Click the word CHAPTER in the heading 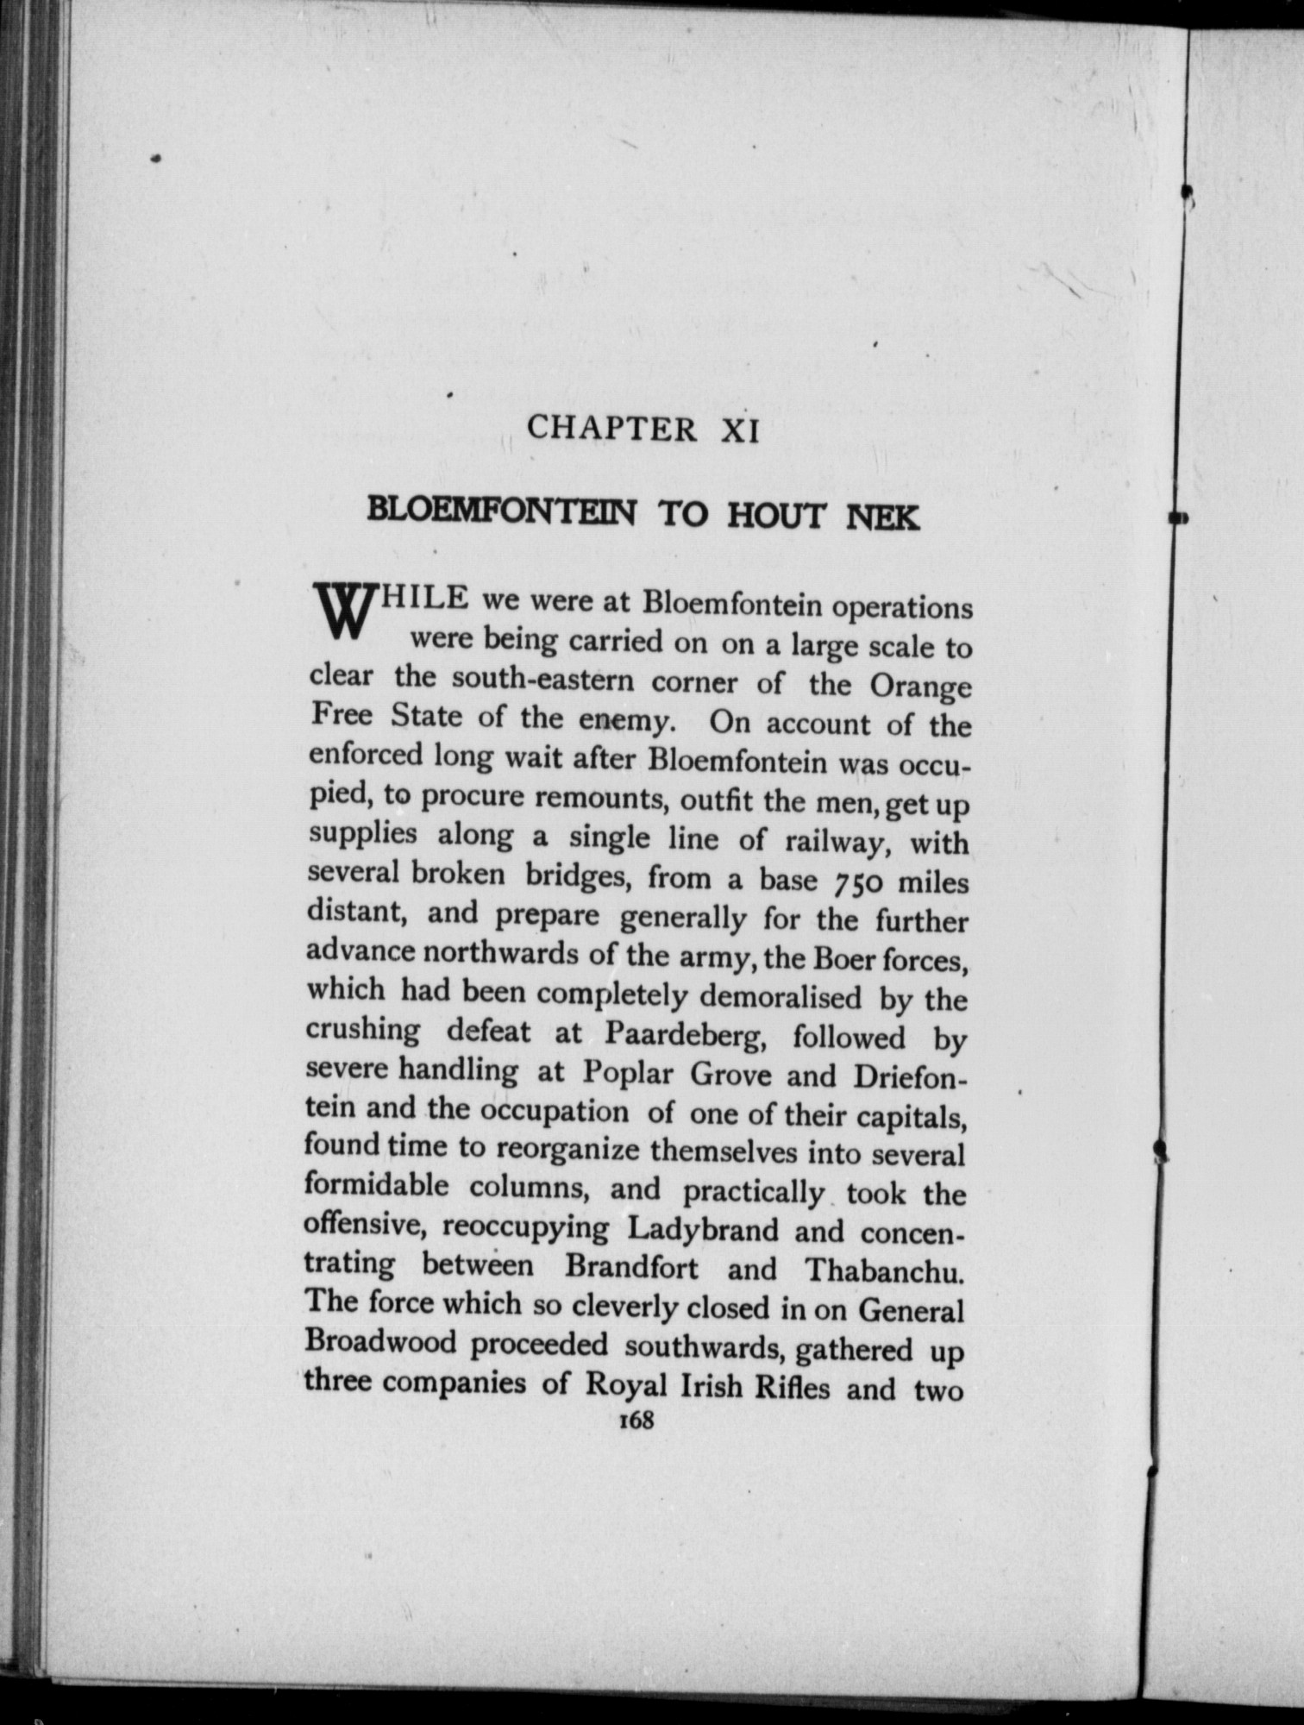pos(611,429)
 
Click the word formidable pos(377,1188)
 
